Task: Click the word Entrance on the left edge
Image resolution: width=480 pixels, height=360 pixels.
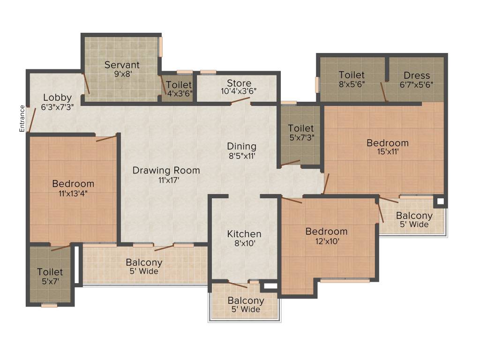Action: (x=22, y=118)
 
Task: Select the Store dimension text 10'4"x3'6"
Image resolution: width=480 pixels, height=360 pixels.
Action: (x=239, y=92)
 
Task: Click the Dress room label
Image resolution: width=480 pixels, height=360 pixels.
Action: (x=416, y=75)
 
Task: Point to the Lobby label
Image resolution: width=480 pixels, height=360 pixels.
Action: (x=57, y=97)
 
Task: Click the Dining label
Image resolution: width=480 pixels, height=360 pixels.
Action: (x=241, y=146)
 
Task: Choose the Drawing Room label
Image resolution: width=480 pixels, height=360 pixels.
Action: (x=166, y=170)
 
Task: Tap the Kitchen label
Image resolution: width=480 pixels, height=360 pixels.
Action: (x=244, y=234)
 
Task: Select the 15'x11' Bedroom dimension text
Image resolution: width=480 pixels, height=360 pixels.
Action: (x=387, y=151)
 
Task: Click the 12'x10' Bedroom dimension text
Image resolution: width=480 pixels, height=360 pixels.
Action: (x=326, y=241)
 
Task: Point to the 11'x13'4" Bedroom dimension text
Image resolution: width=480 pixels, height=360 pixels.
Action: (x=73, y=193)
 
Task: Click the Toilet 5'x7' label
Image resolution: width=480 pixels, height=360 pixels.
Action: (x=50, y=272)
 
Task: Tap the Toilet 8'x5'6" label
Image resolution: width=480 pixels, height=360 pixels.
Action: (x=352, y=75)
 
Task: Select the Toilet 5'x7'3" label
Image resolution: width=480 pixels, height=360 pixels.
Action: (x=300, y=128)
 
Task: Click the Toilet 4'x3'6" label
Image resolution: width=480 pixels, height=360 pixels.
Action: (x=179, y=85)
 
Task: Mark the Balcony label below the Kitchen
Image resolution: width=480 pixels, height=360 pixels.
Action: (x=246, y=300)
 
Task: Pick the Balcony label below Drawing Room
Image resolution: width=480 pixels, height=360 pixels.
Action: (x=144, y=262)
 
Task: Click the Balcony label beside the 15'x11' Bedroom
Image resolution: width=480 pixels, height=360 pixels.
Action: (x=414, y=216)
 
